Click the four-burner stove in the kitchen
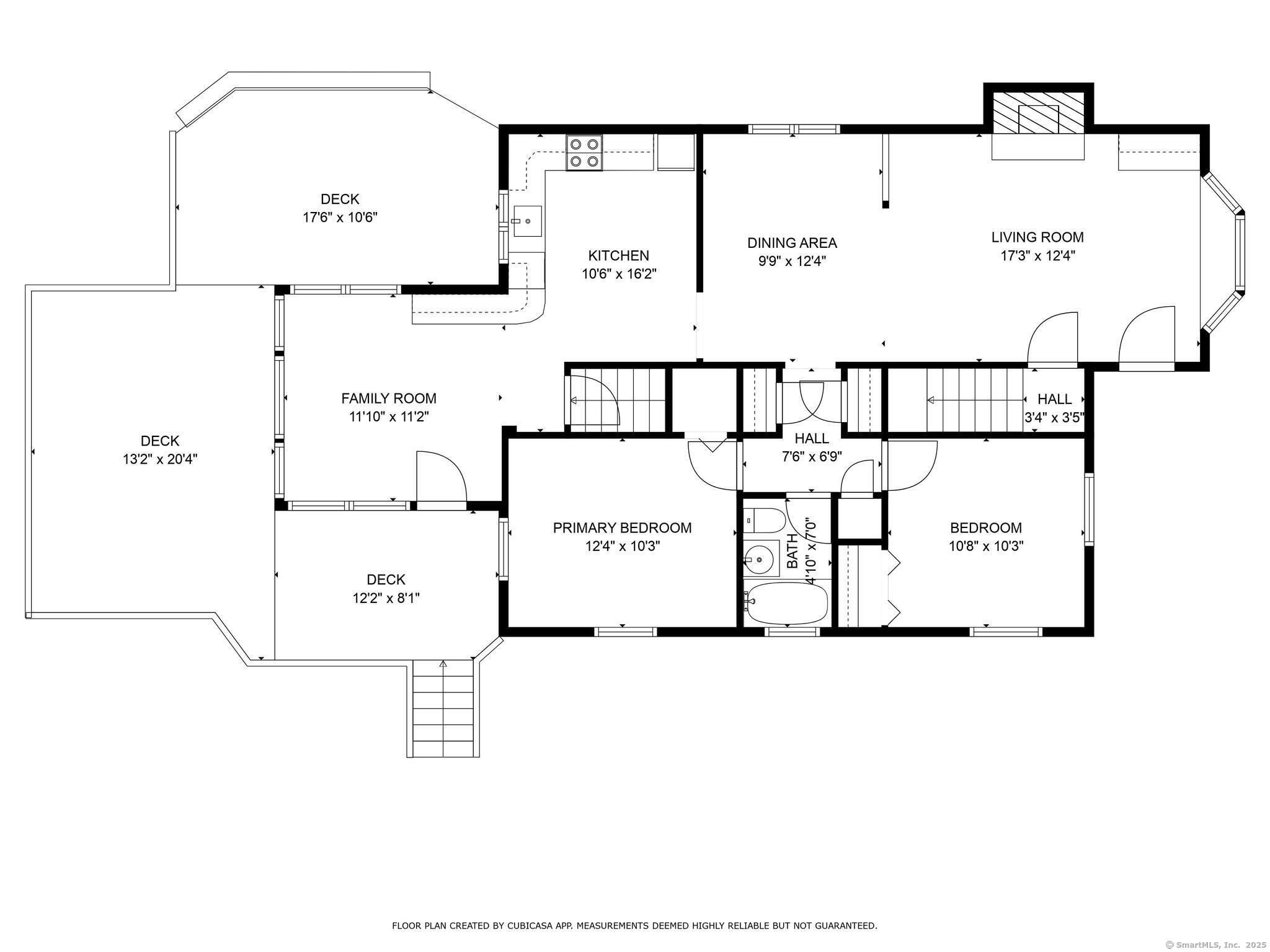coord(584,153)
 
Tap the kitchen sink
coord(527,221)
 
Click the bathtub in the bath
coord(786,603)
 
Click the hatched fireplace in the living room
coord(1039,113)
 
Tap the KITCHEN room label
coord(618,255)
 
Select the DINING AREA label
coord(792,243)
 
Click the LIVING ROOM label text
coord(1037,237)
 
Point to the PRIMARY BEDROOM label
coord(622,527)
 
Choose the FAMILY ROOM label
coord(389,398)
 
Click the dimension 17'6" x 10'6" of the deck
coord(340,218)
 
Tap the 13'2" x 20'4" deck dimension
coord(160,459)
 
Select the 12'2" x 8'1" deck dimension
coord(386,598)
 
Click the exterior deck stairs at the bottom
coord(443,708)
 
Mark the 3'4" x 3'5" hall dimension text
coord(1054,417)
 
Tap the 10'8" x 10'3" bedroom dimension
coord(986,546)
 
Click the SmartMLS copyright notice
coord(1216,945)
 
